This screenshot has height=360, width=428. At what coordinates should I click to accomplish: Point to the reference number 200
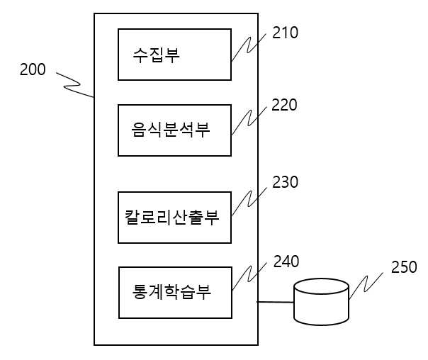(33, 69)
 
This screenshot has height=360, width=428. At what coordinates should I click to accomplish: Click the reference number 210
(285, 33)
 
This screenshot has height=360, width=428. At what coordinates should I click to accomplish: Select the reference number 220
(284, 105)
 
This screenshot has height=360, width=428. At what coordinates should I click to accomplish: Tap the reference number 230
(285, 182)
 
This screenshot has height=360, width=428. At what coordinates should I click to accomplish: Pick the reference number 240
(286, 261)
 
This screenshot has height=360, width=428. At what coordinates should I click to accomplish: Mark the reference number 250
(404, 267)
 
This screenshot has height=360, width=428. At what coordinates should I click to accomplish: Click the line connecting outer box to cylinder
(276, 302)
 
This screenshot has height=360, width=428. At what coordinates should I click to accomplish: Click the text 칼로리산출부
(172, 218)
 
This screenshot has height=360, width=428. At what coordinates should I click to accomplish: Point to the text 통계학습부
(171, 291)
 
